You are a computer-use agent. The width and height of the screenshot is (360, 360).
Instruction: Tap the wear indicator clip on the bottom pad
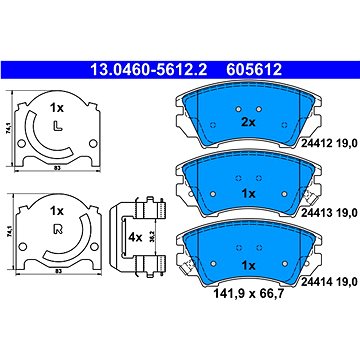click(187, 261)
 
